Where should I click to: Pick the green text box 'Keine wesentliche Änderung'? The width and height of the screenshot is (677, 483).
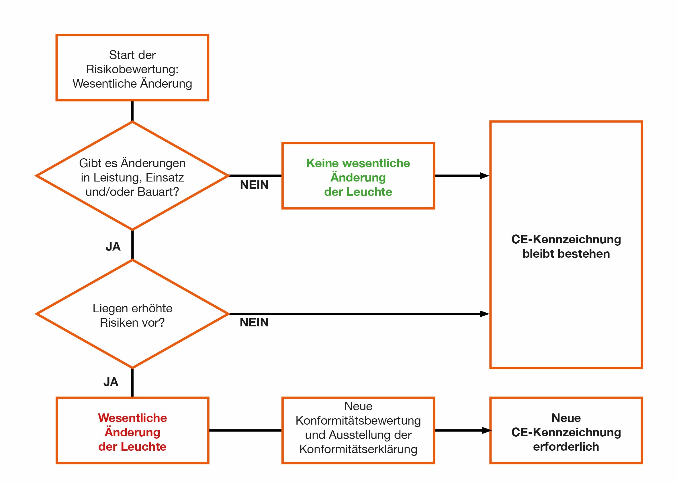point(358,177)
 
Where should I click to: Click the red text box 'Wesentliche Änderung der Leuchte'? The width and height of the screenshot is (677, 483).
point(132,432)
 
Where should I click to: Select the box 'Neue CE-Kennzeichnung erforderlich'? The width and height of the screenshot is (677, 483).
point(566,432)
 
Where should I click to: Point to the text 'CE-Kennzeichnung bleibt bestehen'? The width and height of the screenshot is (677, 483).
point(566,246)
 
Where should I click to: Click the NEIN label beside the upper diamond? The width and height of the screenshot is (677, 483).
point(254,185)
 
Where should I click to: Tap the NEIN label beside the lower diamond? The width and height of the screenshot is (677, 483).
point(254,322)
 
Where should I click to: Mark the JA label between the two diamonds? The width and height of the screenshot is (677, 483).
point(113,247)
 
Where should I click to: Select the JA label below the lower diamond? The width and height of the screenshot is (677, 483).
point(111,382)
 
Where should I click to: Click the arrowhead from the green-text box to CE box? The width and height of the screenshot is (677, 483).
point(485,176)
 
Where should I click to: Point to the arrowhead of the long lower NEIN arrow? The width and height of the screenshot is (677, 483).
point(485,314)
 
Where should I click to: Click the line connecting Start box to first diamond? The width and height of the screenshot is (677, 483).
point(132,111)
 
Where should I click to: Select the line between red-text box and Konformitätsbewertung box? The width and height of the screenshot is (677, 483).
point(245,430)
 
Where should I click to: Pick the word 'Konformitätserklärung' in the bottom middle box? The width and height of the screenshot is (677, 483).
point(358,449)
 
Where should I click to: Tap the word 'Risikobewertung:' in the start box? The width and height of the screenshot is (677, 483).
point(132,69)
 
